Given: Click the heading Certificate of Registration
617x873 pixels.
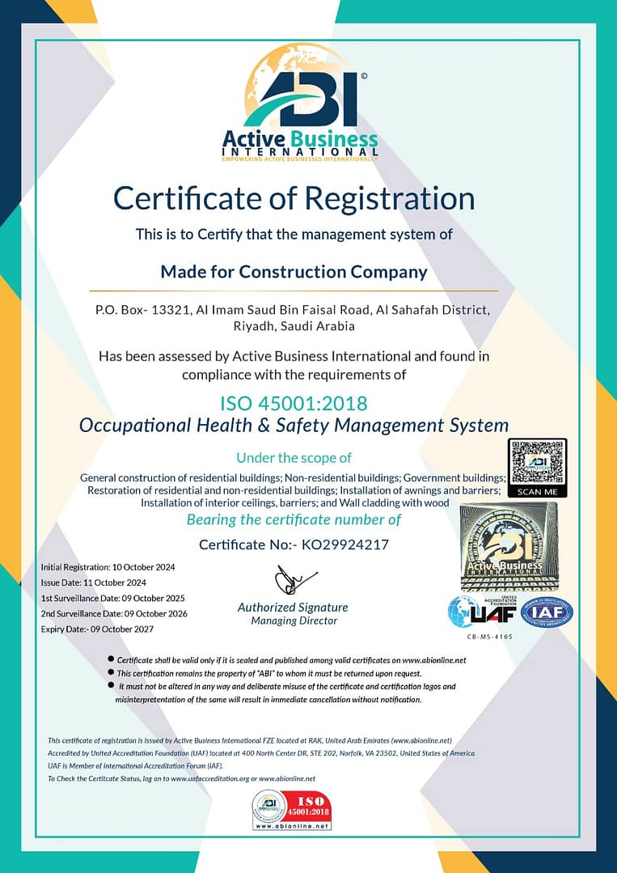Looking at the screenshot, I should [294, 198].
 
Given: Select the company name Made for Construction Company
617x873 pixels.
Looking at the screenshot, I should [294, 272].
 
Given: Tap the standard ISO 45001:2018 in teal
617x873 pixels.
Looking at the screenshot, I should [294, 403].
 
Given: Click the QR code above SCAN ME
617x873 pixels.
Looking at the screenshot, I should [537, 463].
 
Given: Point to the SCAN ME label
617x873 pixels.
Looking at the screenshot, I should [537, 491].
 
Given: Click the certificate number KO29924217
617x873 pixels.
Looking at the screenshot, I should [344, 545].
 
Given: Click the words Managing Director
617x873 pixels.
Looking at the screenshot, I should [294, 621].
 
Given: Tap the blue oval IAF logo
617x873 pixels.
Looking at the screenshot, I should [546, 612].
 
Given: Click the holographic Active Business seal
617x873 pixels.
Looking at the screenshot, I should [509, 547].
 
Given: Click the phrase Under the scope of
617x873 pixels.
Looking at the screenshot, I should [294, 458].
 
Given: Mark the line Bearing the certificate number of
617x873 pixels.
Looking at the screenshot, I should [294, 519].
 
